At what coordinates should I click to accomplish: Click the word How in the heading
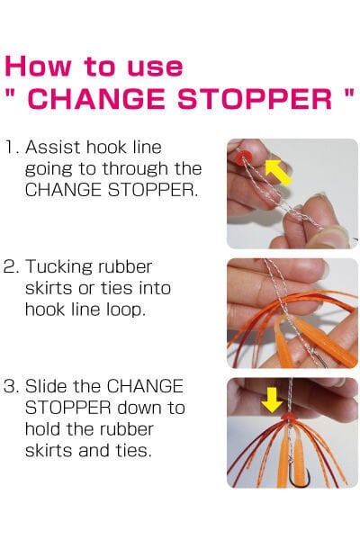click(x=35, y=67)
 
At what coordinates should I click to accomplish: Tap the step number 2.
click(x=11, y=267)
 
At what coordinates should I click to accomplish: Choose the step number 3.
click(x=11, y=386)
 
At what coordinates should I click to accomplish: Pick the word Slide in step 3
click(x=47, y=386)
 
